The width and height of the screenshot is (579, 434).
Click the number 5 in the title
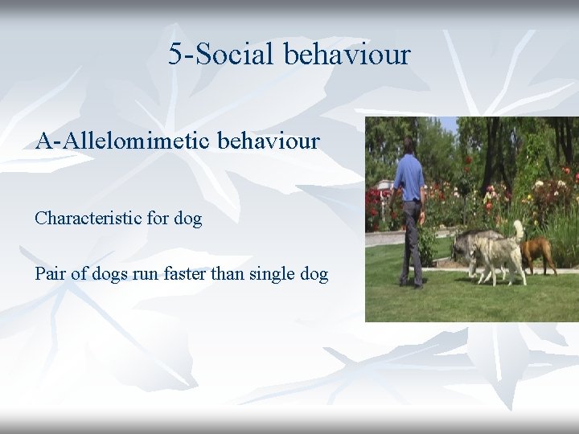pos(176,55)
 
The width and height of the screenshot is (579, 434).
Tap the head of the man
pos(409,145)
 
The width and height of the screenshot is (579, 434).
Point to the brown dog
pos(536,250)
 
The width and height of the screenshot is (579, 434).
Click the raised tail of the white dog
pos(518,229)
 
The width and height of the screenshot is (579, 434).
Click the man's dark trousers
pos(412,237)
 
